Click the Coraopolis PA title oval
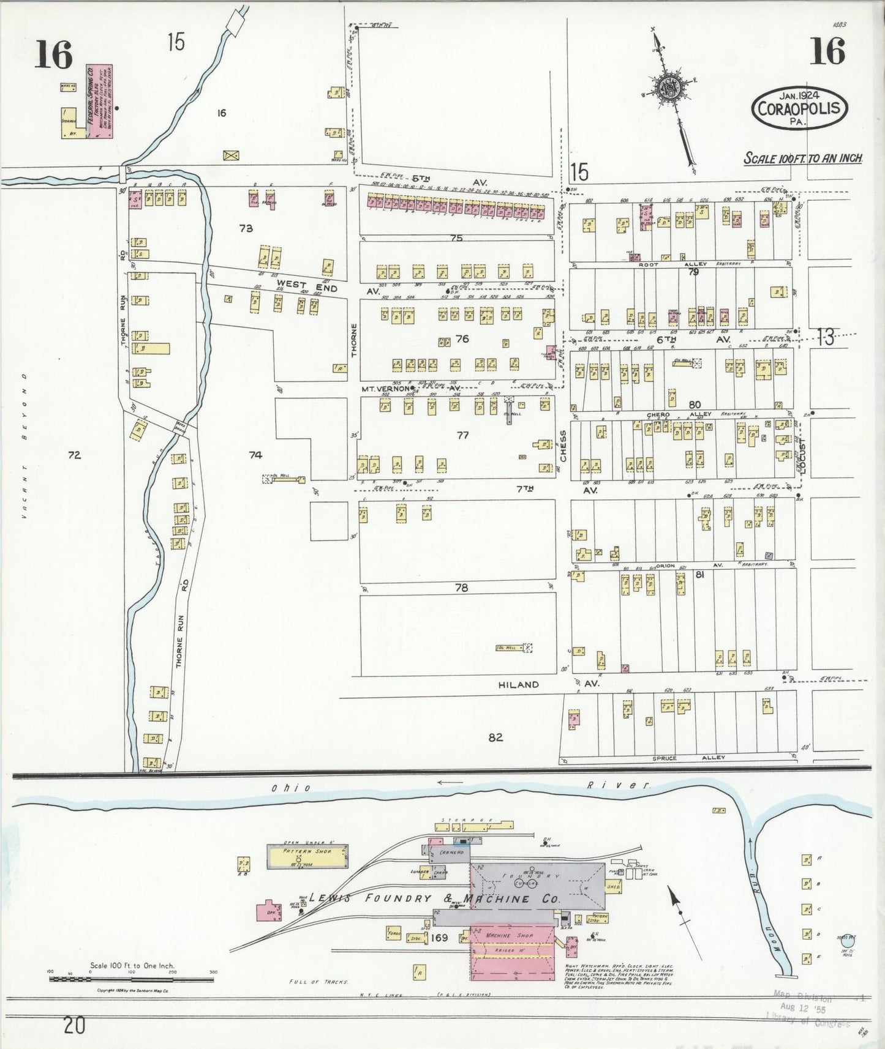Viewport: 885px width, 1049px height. click(799, 106)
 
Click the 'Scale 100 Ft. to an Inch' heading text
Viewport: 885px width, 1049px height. click(803, 158)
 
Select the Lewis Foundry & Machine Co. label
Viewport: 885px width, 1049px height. click(434, 899)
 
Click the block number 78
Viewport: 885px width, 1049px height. click(461, 588)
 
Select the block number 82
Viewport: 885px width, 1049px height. click(495, 737)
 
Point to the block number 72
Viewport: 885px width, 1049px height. click(75, 455)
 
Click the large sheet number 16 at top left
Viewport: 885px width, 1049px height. click(54, 54)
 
